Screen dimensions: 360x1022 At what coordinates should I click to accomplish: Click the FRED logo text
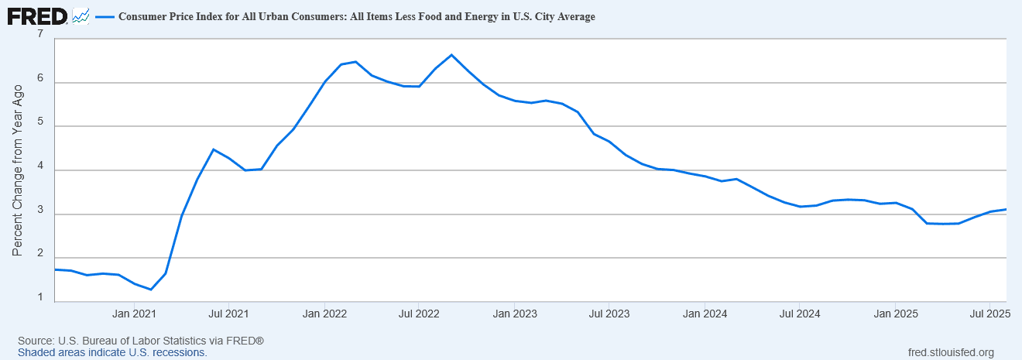(37, 15)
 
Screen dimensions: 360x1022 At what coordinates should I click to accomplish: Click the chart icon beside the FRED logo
(81, 15)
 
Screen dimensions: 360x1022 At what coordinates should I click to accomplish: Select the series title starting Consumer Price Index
(356, 16)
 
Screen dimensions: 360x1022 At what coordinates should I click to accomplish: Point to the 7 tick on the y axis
(40, 35)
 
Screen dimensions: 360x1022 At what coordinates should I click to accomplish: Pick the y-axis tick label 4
(40, 169)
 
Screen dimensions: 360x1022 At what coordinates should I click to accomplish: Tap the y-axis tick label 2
(40, 257)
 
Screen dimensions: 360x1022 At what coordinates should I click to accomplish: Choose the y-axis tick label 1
(40, 300)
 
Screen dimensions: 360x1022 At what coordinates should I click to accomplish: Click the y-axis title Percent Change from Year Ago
(18, 169)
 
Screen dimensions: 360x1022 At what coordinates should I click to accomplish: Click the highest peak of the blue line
(451, 55)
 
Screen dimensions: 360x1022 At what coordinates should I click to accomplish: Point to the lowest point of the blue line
(150, 290)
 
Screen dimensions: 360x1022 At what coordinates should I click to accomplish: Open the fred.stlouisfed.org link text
(950, 352)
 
